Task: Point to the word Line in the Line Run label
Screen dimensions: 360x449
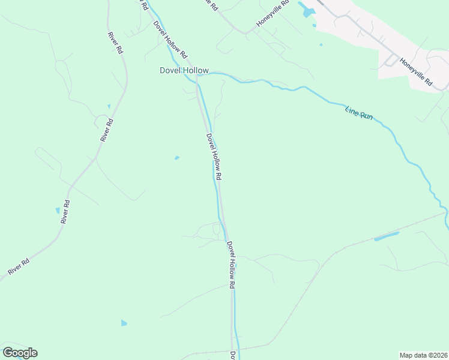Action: [352, 110]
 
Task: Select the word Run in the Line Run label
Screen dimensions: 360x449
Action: [367, 116]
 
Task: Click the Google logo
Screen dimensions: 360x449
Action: [20, 353]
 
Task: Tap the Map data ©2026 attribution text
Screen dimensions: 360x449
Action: [423, 355]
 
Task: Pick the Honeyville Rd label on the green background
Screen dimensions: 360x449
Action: [273, 14]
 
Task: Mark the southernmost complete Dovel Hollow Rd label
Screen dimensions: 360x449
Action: [231, 265]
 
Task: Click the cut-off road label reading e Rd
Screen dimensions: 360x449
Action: [211, 3]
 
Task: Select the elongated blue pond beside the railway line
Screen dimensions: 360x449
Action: [387, 236]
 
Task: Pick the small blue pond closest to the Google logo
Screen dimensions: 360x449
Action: [124, 323]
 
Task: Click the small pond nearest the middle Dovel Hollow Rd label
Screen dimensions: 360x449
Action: [176, 158]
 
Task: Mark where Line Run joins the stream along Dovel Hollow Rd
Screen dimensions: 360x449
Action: [198, 75]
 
